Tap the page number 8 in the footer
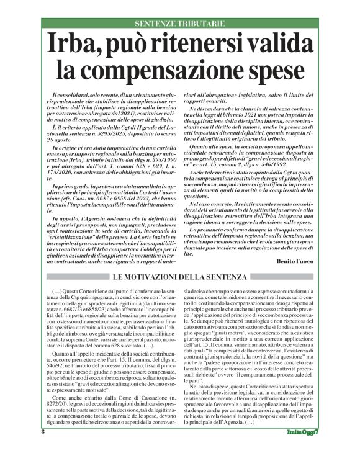point(43,449)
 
